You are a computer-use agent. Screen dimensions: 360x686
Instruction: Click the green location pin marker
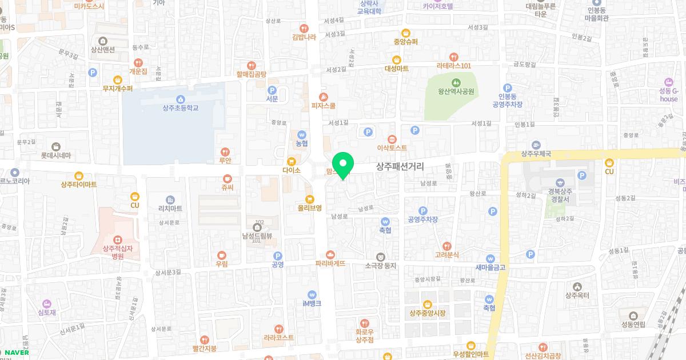(x=343, y=166)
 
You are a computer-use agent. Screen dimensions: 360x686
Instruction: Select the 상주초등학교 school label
(x=180, y=107)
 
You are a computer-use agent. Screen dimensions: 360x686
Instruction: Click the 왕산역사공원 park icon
(x=456, y=81)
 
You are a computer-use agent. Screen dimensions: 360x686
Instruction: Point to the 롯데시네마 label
(x=55, y=155)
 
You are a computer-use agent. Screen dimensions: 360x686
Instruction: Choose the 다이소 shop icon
(x=291, y=161)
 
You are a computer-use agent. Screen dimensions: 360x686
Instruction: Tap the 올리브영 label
(x=310, y=208)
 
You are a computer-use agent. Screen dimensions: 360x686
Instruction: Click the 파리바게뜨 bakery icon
(x=330, y=254)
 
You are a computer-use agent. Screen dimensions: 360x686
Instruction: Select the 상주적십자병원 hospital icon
(x=117, y=239)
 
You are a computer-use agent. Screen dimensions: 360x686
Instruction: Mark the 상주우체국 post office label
(x=536, y=154)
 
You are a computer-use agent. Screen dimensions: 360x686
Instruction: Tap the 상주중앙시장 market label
(x=427, y=313)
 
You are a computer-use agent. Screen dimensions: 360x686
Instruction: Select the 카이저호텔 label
(x=438, y=7)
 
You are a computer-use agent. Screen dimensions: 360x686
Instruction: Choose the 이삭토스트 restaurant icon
(x=392, y=138)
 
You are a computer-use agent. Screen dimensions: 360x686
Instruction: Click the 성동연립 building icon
(x=633, y=316)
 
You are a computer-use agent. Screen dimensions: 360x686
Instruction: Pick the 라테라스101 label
(x=453, y=66)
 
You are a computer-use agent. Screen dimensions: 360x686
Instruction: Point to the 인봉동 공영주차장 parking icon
(x=507, y=87)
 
